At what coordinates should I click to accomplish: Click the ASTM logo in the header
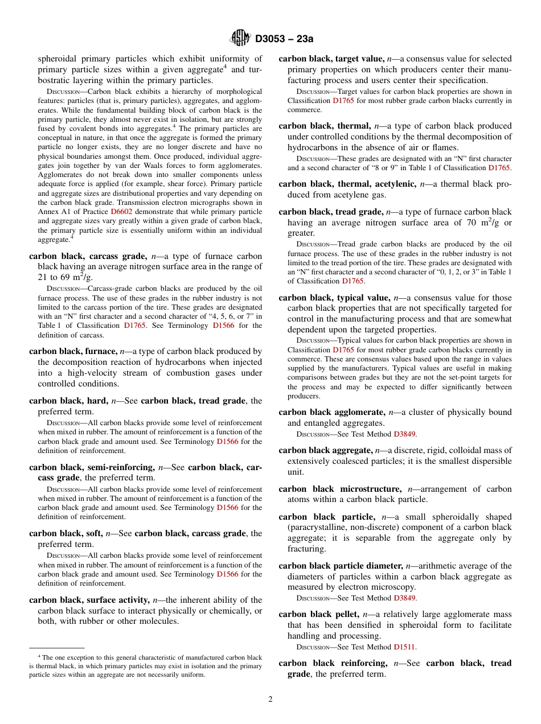coord(240,38)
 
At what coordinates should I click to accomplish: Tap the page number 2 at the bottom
coord(270,700)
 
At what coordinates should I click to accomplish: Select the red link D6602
coord(121,211)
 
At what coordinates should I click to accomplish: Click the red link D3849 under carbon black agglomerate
coord(404,434)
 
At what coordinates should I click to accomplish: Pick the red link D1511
coord(404,647)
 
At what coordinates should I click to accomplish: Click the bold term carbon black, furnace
coord(73,352)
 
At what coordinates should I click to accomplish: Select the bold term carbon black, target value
coord(331,59)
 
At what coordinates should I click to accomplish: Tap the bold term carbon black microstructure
coord(339,489)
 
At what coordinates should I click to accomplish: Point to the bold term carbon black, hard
coord(68,401)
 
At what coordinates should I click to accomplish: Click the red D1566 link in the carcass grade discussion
coord(223,326)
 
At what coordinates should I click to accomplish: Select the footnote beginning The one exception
coord(146,666)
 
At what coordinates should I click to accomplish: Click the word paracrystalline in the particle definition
coord(319,528)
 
